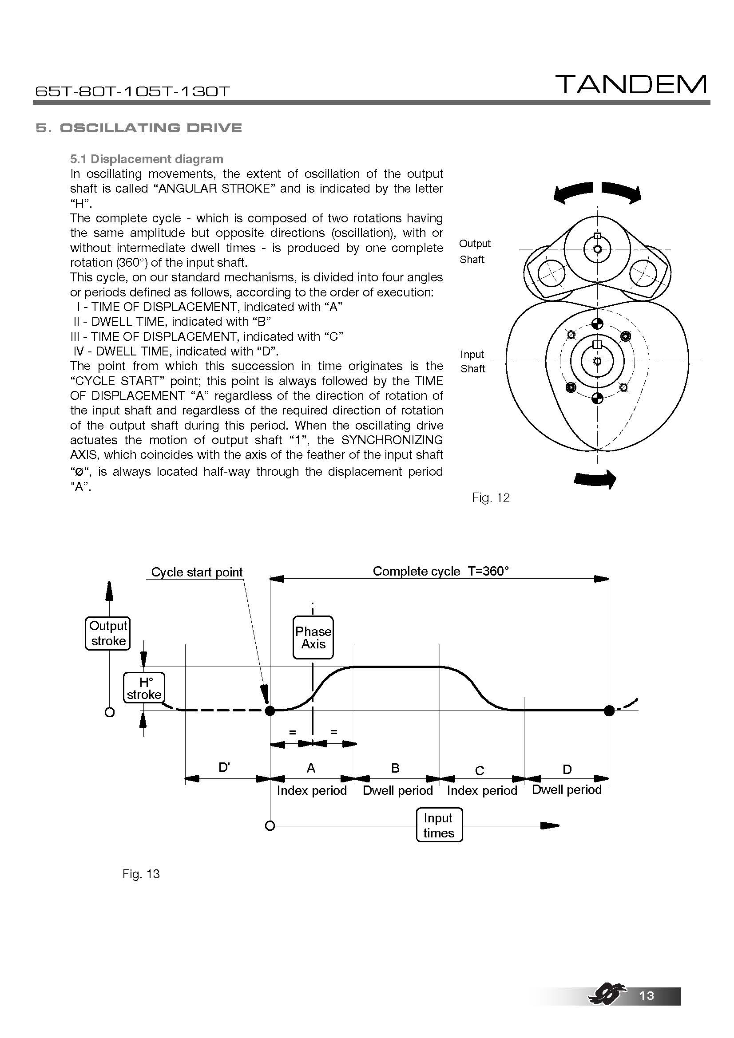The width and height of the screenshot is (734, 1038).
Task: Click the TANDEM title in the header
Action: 631,85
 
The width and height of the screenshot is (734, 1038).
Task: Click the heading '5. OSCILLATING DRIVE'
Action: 139,128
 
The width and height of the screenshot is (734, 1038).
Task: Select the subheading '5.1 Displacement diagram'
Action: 147,159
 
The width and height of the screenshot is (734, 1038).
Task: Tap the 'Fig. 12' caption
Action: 490,498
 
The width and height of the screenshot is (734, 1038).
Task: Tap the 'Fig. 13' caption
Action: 141,874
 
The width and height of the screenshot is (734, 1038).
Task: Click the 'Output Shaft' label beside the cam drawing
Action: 474,251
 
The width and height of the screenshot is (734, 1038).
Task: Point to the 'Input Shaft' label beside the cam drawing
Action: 472,361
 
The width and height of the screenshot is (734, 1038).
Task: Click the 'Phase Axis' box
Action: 313,637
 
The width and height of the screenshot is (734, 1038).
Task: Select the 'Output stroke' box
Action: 108,633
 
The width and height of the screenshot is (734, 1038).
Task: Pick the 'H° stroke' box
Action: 144,688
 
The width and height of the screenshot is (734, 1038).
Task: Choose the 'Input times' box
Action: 439,825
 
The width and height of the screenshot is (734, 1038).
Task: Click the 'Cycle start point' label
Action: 197,572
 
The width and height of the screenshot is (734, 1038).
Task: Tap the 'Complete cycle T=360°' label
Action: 440,571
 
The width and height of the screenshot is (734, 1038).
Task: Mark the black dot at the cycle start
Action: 270,710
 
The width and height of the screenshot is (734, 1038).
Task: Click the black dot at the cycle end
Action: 609,710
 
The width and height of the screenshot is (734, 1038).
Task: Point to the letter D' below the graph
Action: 224,767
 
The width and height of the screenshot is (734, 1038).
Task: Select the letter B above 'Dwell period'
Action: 395,768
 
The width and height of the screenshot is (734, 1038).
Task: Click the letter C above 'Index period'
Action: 480,770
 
